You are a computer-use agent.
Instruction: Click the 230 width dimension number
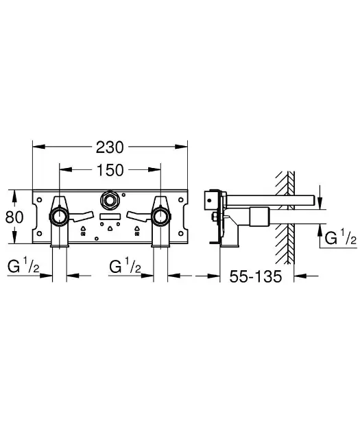(x=110, y=146)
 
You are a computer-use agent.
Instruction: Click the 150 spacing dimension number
(x=110, y=169)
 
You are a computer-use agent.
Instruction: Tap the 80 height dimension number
(x=14, y=217)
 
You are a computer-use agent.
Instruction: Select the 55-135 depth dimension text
(x=256, y=277)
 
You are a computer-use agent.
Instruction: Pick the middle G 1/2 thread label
(x=125, y=266)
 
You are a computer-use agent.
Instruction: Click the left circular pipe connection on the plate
(x=60, y=218)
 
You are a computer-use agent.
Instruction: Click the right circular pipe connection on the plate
(x=161, y=218)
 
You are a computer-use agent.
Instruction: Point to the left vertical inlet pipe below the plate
(x=60, y=239)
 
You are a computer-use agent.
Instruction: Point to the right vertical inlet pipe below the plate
(x=161, y=239)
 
